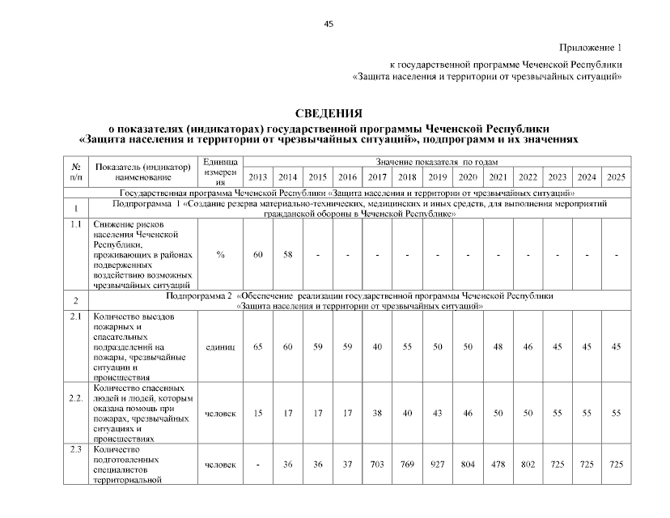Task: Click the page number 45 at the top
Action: coord(329,23)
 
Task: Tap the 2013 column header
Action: coord(257,177)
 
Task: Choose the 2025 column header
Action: coord(616,177)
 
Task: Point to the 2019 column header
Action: coord(437,177)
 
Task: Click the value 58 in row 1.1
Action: coord(287,255)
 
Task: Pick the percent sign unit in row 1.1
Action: coord(220,255)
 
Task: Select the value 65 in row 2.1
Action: coord(257,346)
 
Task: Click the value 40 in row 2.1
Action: coord(377,346)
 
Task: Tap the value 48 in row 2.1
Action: coord(498,346)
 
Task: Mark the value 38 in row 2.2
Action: coord(377,414)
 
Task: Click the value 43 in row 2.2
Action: coord(437,414)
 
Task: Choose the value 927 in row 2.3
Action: coord(437,465)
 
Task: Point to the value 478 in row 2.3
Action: coord(498,465)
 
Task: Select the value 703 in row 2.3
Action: coord(377,465)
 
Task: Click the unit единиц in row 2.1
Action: coord(220,346)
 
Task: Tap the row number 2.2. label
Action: coord(76,398)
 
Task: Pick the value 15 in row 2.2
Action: coord(257,414)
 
